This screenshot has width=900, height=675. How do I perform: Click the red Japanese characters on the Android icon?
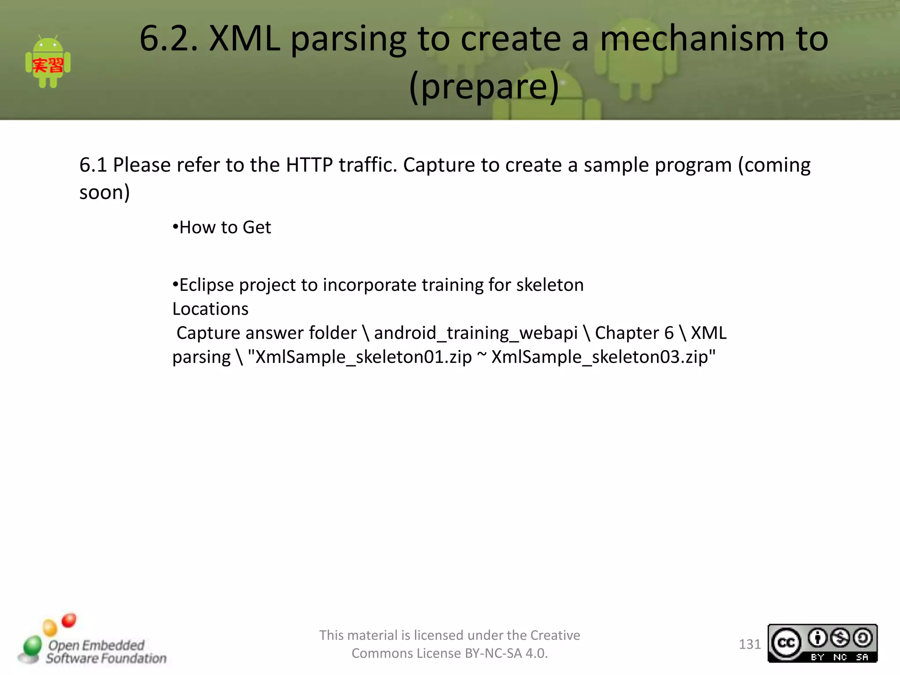tap(48, 65)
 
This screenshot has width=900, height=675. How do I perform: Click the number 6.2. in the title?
tap(169, 39)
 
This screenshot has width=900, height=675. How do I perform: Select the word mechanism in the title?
tap(692, 39)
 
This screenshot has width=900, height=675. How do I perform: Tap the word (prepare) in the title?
tap(484, 87)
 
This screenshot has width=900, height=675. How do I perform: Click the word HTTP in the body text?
tap(309, 165)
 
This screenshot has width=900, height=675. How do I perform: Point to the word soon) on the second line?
tap(105, 192)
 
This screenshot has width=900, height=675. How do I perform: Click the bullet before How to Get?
tap(175, 227)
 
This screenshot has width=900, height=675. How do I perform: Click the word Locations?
tap(210, 309)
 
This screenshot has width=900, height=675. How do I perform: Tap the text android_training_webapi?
tap(475, 333)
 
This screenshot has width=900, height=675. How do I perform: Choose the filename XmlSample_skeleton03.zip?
tap(600, 357)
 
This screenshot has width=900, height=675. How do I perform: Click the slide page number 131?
tap(750, 644)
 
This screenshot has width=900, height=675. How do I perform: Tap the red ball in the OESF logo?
tap(69, 620)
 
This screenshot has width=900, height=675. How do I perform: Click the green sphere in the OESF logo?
tap(32, 646)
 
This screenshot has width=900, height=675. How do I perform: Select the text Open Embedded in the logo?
tap(96, 645)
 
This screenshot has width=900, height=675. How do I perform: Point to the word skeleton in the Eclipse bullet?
tap(550, 285)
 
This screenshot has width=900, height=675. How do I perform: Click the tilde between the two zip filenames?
tap(482, 355)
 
